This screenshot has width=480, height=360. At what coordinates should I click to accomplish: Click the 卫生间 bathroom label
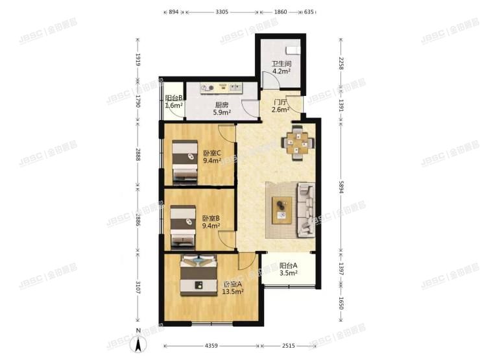point(281,65)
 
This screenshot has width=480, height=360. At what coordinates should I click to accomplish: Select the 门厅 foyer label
point(281,102)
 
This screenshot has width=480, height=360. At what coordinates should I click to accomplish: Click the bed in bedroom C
point(184,161)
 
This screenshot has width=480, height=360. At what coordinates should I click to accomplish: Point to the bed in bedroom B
point(183,226)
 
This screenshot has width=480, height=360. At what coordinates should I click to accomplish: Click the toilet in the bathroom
point(293,49)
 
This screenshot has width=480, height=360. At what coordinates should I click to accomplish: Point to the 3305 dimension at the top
point(222,12)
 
